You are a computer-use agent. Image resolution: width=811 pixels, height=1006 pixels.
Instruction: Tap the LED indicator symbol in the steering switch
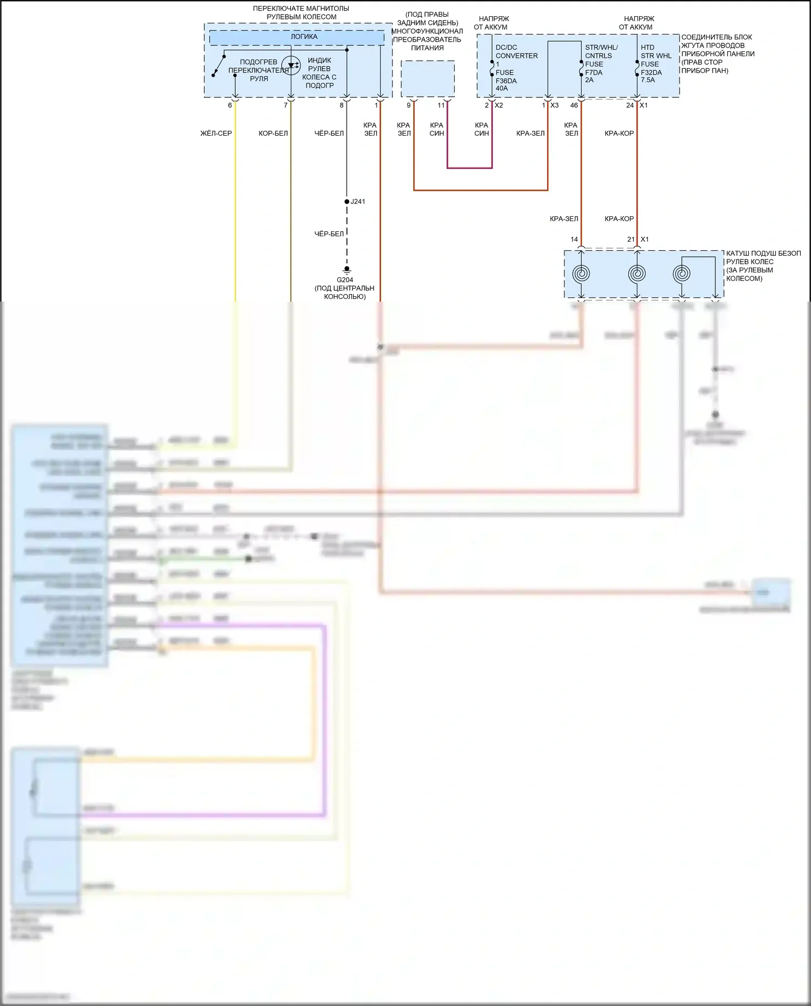291,66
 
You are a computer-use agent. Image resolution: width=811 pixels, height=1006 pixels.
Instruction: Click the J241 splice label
357,202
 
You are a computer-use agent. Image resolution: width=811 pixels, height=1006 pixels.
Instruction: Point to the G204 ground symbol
347,269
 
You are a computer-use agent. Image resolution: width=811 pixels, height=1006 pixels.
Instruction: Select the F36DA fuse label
506,81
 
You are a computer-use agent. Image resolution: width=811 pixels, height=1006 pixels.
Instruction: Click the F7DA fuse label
594,72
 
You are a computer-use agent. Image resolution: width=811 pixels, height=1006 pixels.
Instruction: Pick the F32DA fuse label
651,72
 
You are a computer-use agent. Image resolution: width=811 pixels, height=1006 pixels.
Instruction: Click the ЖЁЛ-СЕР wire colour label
216,134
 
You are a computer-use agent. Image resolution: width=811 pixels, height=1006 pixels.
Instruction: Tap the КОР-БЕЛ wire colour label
273,134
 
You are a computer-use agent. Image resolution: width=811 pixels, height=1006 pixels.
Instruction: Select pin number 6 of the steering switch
230,105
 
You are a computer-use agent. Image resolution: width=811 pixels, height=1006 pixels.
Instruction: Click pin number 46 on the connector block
574,105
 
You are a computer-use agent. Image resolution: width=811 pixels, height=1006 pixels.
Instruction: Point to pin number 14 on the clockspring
574,239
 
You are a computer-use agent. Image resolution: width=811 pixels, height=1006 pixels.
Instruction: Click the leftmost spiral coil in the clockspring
581,274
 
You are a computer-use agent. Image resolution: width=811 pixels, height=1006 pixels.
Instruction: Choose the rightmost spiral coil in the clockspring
681,274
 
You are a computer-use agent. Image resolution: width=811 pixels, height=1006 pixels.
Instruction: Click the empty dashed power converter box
428,79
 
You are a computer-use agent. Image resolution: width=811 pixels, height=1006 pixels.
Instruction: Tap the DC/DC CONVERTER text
516,51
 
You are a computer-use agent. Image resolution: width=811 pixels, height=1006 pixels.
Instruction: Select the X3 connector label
554,105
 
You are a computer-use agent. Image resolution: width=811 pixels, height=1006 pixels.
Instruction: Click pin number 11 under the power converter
441,105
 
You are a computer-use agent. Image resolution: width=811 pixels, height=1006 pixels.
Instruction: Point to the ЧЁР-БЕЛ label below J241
329,234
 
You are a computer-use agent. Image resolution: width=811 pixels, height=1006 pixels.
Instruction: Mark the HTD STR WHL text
656,51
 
